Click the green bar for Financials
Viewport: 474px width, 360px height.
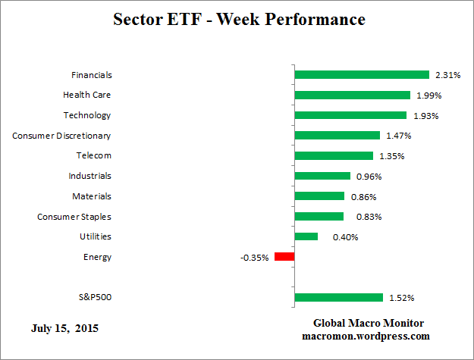362,74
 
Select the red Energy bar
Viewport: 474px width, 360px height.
284,257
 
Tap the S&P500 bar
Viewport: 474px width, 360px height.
338,297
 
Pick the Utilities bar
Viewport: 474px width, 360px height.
306,236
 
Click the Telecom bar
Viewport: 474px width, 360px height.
334,155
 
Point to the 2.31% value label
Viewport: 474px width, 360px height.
447,75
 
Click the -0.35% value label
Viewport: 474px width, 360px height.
254,258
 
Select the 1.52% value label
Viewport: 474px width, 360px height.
402,298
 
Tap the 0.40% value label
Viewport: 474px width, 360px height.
345,237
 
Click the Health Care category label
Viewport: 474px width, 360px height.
86,95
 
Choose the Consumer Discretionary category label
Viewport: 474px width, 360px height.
61,136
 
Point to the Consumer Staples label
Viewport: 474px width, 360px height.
74,217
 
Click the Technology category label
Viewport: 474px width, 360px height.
87,115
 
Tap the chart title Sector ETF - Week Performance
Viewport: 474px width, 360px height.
239,20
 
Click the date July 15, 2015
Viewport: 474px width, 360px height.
64,329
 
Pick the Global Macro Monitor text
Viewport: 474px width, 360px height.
369,323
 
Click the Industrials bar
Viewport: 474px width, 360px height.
322,176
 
